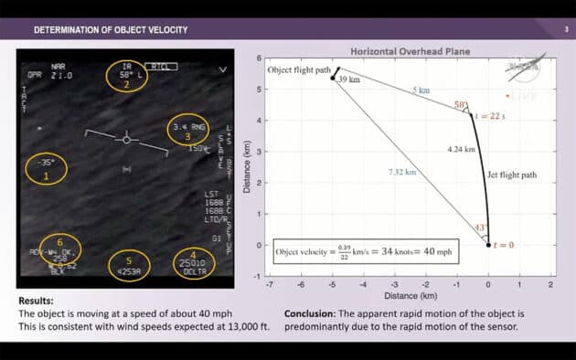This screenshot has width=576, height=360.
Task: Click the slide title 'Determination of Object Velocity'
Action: (111, 30)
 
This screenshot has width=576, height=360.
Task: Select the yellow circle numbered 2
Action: (127, 76)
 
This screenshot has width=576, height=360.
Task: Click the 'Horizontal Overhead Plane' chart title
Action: (410, 51)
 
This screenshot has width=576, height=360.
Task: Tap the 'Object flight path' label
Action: (298, 70)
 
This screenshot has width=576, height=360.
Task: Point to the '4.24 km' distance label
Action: (462, 149)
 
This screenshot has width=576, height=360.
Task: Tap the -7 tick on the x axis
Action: (270, 284)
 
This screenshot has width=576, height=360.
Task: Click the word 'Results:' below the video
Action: (37, 300)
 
